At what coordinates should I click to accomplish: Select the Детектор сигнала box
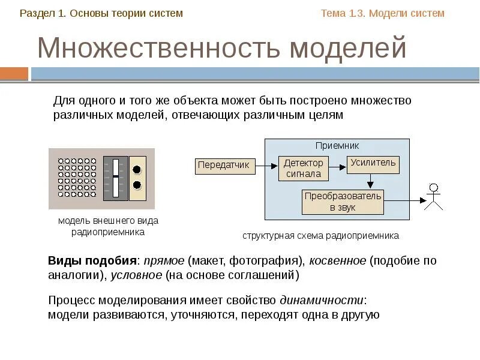pos(303,169)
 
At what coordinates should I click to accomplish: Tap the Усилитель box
pos(373,163)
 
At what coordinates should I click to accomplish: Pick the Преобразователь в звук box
pos(342,202)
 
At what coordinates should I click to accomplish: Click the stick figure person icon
pos(433,197)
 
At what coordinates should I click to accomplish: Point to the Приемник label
pos(337,146)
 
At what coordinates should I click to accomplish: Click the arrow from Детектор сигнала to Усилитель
pos(337,163)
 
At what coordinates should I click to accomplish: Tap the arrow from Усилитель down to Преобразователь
pos(371,181)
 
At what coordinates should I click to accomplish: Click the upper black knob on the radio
pos(137,169)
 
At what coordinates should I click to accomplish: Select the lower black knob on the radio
pos(137,185)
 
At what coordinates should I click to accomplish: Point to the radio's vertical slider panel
pos(116,178)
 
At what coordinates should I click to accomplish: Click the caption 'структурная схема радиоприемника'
pos(320,236)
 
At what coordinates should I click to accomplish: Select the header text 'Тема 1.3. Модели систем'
pos(383,13)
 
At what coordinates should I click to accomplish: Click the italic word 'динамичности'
pos(322,300)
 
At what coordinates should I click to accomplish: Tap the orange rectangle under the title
pos(14,74)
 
